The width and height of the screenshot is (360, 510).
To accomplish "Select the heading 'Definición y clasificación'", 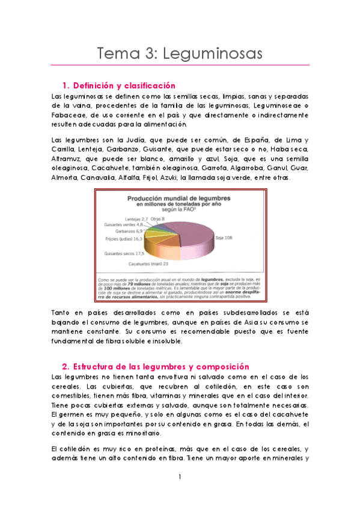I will pyautogui.click(x=123, y=86).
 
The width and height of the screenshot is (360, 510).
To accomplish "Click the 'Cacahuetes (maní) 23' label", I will pyautogui.click(x=147, y=263).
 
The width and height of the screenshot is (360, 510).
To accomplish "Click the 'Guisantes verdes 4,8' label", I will pyautogui.click(x=123, y=224).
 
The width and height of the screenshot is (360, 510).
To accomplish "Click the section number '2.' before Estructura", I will pyautogui.click(x=66, y=366).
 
